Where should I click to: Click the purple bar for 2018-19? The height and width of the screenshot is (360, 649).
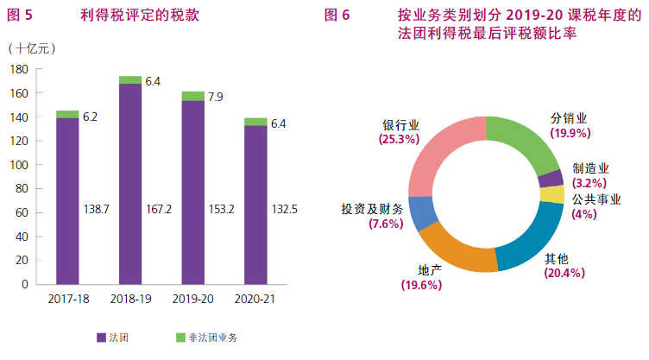130,183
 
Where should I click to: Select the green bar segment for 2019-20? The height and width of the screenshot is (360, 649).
192,96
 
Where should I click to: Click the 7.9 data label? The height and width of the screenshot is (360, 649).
216,96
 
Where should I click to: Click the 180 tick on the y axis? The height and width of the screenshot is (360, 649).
19,69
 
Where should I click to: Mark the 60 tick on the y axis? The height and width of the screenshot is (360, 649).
22,212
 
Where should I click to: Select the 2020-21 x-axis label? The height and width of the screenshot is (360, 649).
255,299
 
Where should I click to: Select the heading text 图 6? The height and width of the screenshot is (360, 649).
337,16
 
